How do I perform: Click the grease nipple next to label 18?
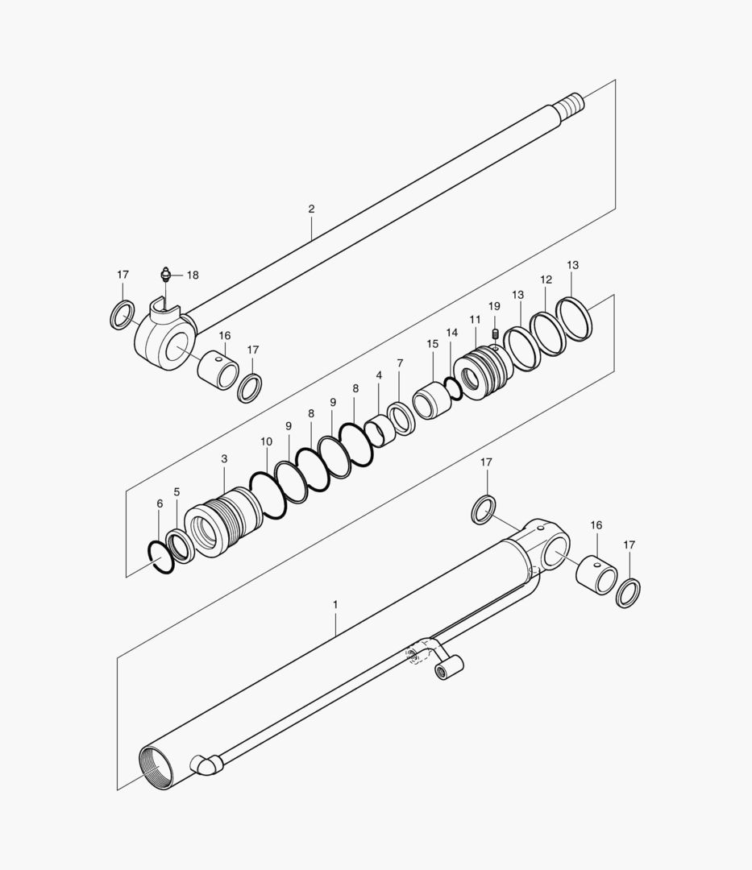[x=165, y=275]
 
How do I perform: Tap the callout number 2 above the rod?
[x=311, y=209]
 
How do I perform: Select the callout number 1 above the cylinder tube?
[x=335, y=603]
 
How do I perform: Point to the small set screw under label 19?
[x=496, y=333]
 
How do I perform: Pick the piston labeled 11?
[x=483, y=373]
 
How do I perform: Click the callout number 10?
[x=267, y=441]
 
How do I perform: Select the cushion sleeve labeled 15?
[x=434, y=399]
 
